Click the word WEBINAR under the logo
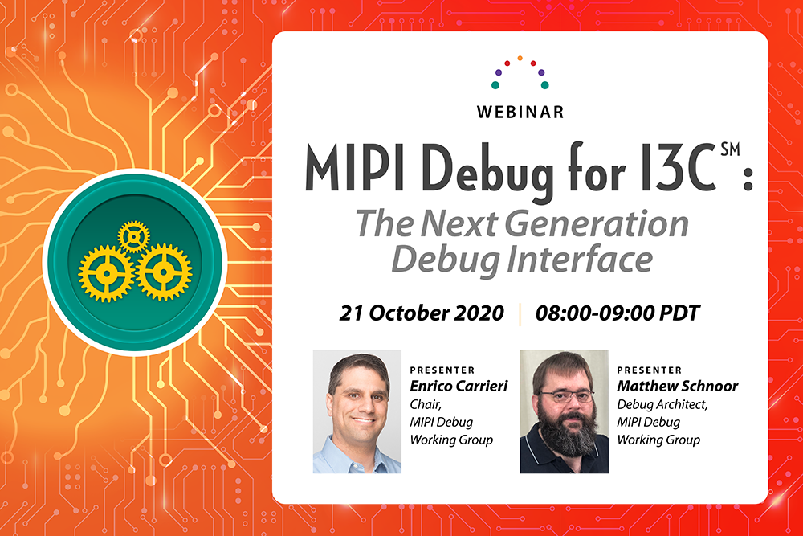pos(520,112)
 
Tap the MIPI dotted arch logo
pos(520,72)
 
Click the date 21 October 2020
pos(422,313)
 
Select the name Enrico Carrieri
pos(454,387)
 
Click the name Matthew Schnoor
pos(678,387)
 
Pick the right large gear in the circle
pos(162,272)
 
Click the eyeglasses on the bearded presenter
pos(565,396)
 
